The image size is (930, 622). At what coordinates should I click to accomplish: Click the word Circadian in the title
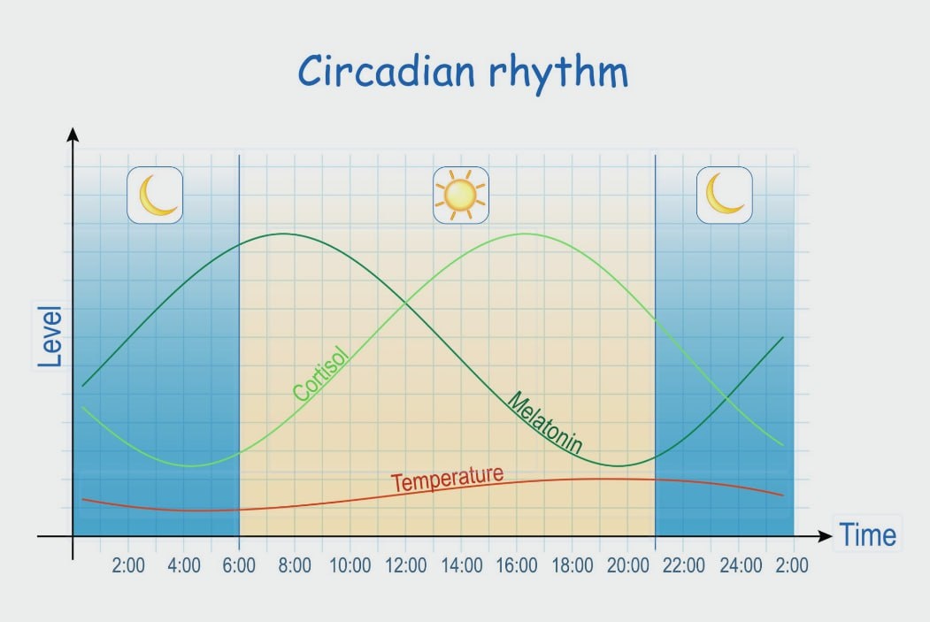coord(386,71)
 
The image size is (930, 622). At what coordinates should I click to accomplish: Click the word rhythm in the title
coord(558,73)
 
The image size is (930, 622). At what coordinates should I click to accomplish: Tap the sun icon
coord(461,195)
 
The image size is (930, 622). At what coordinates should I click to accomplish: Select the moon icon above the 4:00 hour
coord(155,195)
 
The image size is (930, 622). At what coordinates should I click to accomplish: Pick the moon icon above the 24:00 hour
coord(724,195)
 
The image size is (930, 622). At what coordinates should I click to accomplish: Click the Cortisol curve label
coord(321,373)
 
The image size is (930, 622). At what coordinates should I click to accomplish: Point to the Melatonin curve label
coord(545,422)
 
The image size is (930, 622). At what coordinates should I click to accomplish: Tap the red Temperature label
coord(447,478)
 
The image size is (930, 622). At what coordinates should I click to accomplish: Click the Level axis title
coord(50,337)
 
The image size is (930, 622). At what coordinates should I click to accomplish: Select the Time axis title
coord(867,534)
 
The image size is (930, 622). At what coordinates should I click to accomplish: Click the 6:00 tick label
coord(239,565)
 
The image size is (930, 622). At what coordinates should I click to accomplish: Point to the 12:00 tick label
coord(405,565)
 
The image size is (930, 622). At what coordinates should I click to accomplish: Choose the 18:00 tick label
coord(573,565)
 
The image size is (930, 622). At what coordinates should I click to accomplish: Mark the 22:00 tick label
coord(684,565)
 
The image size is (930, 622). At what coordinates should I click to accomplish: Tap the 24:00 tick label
coord(741,565)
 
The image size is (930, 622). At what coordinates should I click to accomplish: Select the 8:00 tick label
coord(295,565)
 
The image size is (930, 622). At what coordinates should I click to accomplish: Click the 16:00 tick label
coord(517,565)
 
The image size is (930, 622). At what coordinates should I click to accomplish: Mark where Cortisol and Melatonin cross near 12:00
coord(405,303)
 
